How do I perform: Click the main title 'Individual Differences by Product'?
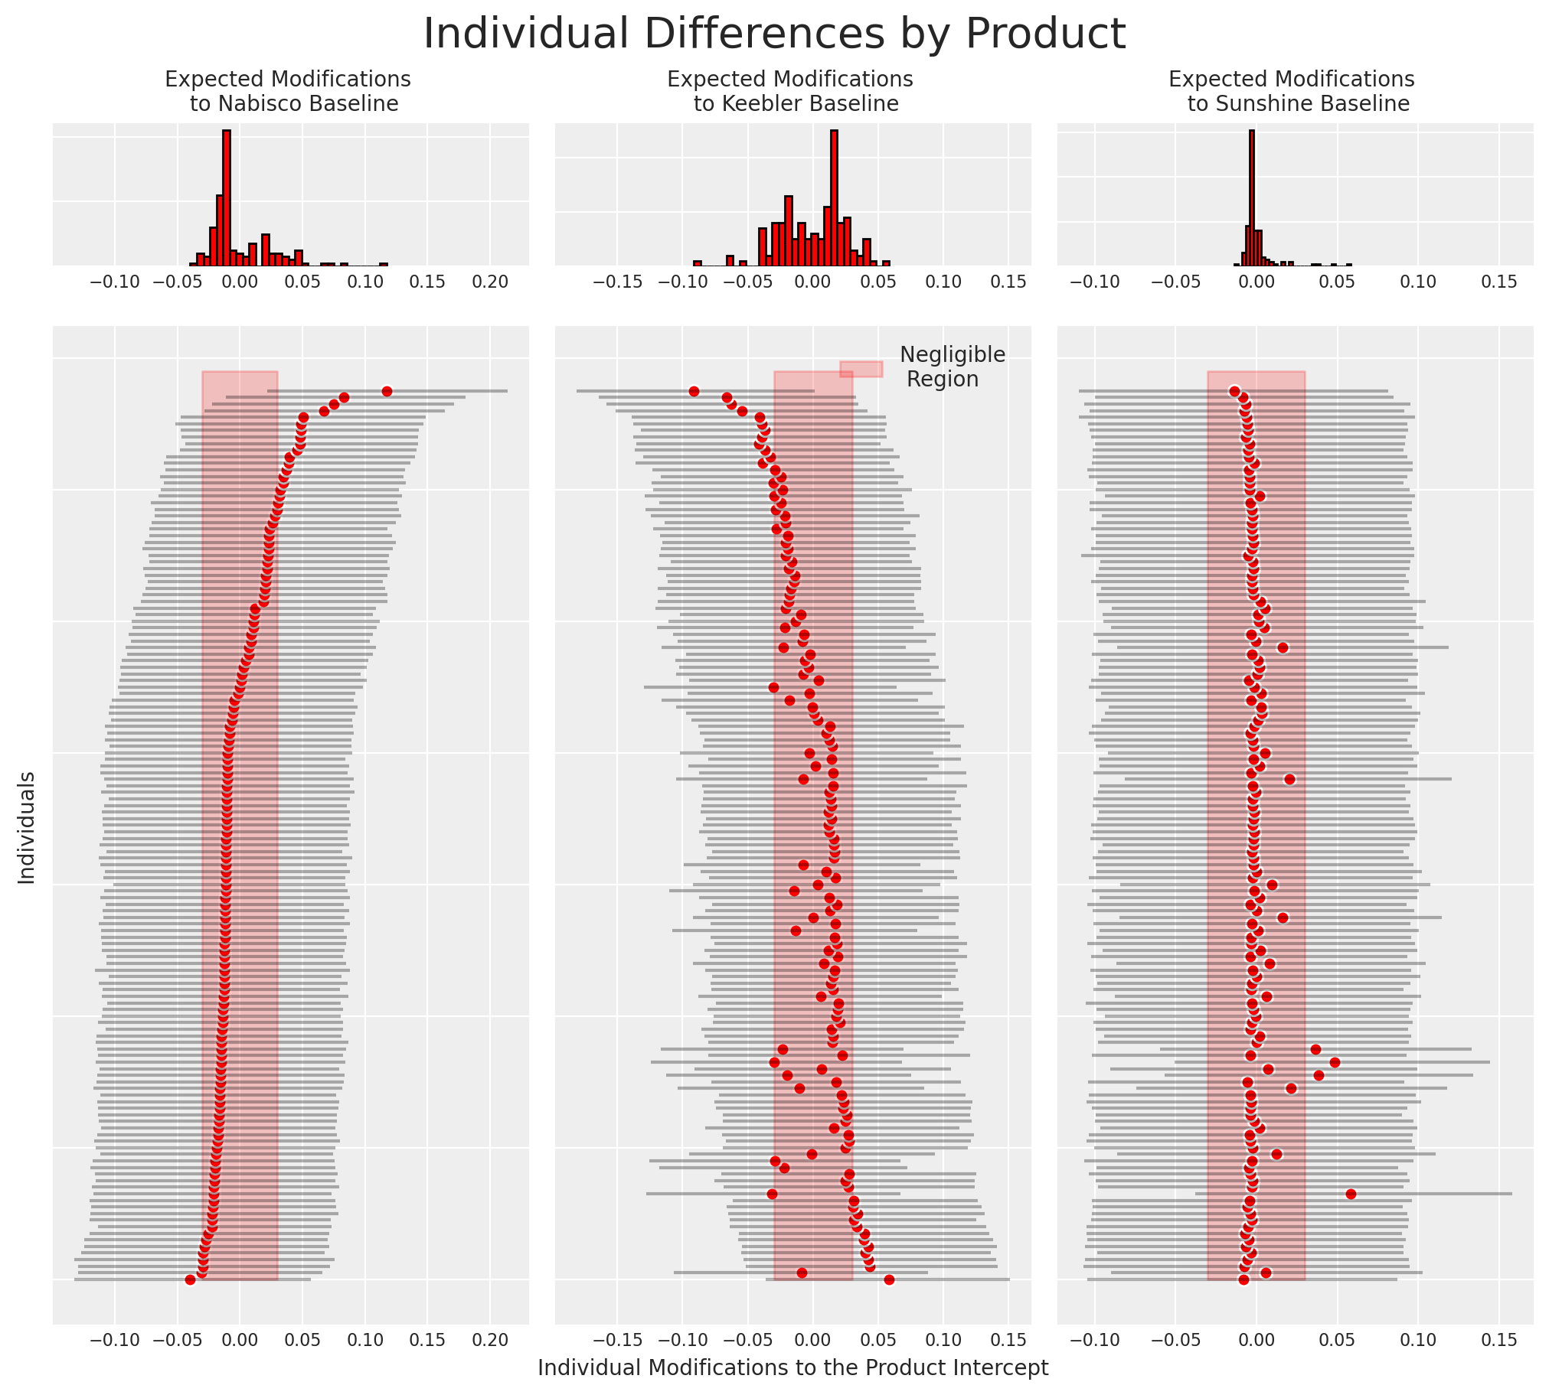[775, 34]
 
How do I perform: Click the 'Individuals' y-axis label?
[27, 828]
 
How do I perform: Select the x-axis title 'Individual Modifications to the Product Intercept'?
[793, 1367]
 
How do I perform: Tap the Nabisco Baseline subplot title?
[289, 91]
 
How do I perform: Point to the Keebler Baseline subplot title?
[791, 91]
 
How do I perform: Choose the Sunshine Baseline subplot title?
[1292, 91]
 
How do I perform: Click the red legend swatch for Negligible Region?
[861, 369]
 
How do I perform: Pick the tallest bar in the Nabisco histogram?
[226, 197]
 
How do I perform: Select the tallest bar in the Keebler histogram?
[835, 197]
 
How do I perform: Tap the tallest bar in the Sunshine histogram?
[1252, 197]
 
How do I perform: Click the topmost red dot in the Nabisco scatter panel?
[387, 392]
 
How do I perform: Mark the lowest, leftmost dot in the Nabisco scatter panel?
[190, 1280]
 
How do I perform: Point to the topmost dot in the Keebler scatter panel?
[694, 392]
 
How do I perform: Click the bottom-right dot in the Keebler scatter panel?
[889, 1280]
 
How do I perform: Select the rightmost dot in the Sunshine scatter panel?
[1351, 1195]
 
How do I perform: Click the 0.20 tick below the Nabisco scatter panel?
[490, 1340]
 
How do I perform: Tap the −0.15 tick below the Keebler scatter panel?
[617, 1340]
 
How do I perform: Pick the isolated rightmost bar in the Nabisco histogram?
[384, 265]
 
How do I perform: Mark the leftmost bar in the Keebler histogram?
[697, 264]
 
